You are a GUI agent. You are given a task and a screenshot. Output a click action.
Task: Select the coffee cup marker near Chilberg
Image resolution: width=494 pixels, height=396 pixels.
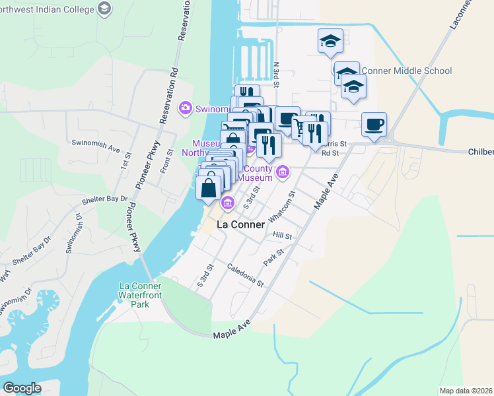click(x=374, y=124)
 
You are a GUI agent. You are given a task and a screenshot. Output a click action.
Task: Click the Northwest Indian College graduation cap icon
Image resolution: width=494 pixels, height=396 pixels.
click(x=104, y=9)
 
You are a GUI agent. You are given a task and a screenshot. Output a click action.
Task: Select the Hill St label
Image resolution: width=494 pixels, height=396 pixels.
click(x=282, y=235)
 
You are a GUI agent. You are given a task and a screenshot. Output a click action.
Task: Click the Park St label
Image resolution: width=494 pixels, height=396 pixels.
click(x=273, y=257)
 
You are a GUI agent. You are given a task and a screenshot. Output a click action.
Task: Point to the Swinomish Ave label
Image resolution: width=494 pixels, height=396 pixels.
click(x=95, y=142)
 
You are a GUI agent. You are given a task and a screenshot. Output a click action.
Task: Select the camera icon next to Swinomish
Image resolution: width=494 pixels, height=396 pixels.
click(x=186, y=107)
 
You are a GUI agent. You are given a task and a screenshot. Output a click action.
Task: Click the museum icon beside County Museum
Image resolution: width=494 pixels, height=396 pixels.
click(x=283, y=173)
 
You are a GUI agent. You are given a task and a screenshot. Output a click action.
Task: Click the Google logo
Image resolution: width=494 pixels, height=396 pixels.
click(x=22, y=388)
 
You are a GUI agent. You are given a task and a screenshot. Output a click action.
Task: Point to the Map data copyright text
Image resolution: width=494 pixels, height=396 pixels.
click(x=466, y=391)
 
